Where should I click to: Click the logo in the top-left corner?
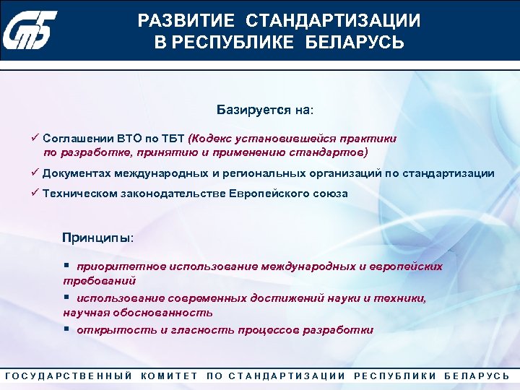coord(38,31)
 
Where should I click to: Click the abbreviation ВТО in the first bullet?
coord(120,138)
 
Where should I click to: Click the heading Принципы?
coord(97,238)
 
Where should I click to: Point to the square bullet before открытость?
coord(66,330)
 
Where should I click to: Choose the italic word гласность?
coord(203,330)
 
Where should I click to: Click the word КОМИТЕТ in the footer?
coord(170,376)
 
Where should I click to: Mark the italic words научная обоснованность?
coord(138,313)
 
